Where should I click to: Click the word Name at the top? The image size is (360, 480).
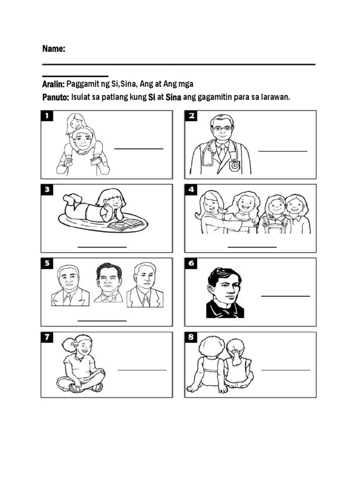pyautogui.click(x=53, y=49)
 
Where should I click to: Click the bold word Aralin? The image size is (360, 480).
pyautogui.click(x=53, y=84)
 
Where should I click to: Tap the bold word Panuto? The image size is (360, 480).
pyautogui.click(x=55, y=97)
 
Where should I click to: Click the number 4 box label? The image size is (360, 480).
pyautogui.click(x=191, y=190)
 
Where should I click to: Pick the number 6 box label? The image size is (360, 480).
pyautogui.click(x=191, y=263)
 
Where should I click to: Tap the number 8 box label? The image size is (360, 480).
pyautogui.click(x=191, y=337)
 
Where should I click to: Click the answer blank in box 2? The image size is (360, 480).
pyautogui.click(x=283, y=151)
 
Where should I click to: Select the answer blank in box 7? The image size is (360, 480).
pyautogui.click(x=142, y=369)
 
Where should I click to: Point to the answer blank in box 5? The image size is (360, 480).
pyautogui.click(x=102, y=321)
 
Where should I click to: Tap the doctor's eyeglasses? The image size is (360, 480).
pyautogui.click(x=221, y=127)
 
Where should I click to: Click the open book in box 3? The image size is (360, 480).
pyautogui.click(x=126, y=225)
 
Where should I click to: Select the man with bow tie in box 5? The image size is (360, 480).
pyautogui.click(x=108, y=283)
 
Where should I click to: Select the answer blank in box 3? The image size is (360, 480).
pyautogui.click(x=102, y=246)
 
